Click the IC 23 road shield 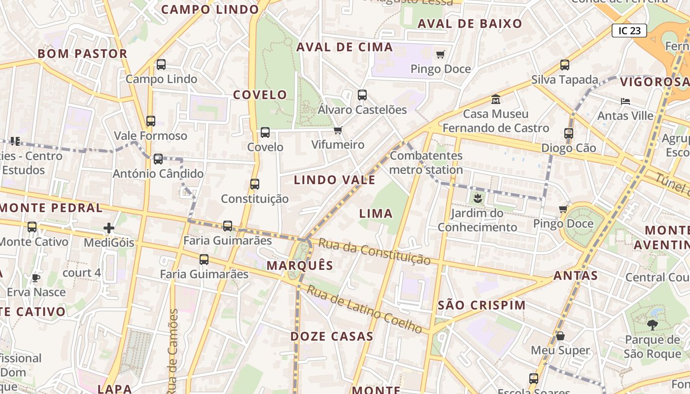click(629, 31)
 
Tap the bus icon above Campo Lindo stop click(161, 65)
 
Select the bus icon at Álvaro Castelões click(362, 95)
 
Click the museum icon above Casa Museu click(496, 99)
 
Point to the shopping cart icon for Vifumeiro click(338, 130)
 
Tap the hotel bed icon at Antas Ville click(625, 101)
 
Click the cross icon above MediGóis click(109, 228)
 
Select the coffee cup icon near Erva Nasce click(36, 278)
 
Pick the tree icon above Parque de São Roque click(652, 325)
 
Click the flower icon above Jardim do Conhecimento click(477, 199)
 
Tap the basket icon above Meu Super click(560, 336)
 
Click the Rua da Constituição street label click(374, 252)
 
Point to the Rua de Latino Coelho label click(364, 308)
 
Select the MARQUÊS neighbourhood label click(300, 265)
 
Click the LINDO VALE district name click(335, 180)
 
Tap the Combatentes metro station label click(426, 163)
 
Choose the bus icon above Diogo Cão click(569, 133)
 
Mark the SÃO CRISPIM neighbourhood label click(482, 305)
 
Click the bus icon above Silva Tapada click(565, 65)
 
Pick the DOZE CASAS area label click(332, 337)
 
